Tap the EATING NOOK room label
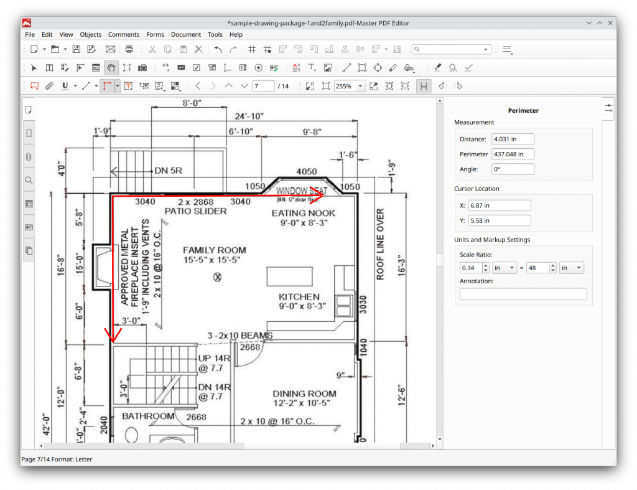(304, 213)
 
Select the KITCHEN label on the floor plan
(299, 297)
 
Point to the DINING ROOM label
(304, 393)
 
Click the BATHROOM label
(148, 416)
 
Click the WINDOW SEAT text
(301, 191)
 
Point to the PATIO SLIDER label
(195, 211)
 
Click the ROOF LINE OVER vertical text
(380, 244)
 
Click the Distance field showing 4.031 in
(513, 139)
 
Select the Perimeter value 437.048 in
(513, 154)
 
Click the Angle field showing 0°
(513, 169)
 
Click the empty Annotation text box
(523, 294)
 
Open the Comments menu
(124, 35)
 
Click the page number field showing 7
(263, 86)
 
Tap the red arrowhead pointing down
(113, 336)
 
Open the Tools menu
(215, 35)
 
